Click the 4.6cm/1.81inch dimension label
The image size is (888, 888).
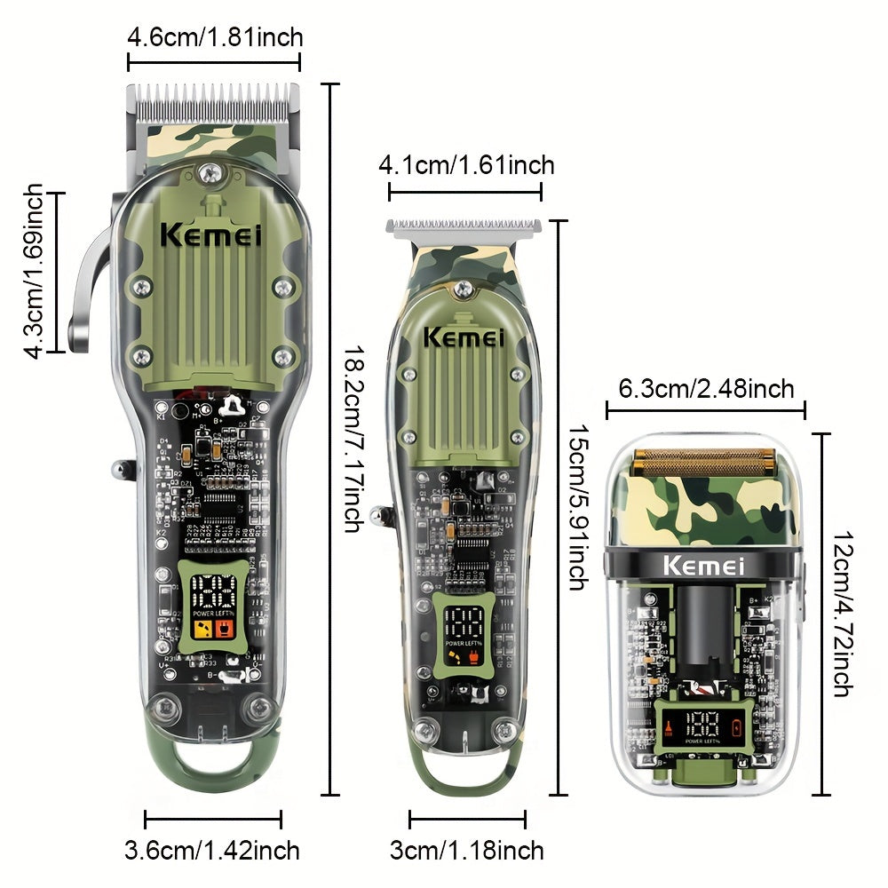click(x=215, y=37)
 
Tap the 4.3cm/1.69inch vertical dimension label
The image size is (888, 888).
click(x=34, y=271)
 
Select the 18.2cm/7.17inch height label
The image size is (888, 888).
click(x=353, y=439)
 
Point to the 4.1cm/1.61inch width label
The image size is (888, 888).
click(x=466, y=165)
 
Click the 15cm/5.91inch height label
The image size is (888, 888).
click(x=576, y=507)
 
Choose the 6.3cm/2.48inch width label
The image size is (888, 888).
click(x=706, y=388)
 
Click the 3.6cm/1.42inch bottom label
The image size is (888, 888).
click(x=212, y=850)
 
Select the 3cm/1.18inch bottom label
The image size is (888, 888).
click(x=467, y=850)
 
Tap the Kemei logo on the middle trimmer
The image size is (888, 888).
click(x=463, y=337)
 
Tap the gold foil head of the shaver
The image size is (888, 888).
click(x=703, y=463)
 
